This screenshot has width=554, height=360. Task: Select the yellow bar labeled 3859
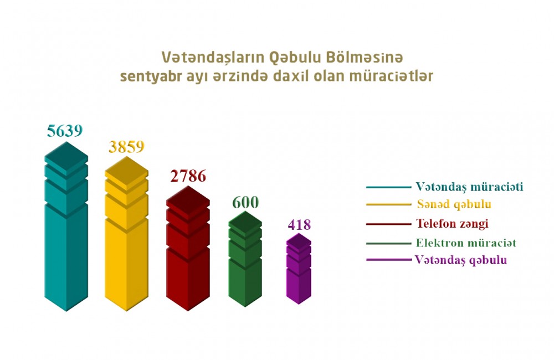126,244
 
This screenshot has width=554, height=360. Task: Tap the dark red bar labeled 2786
188,255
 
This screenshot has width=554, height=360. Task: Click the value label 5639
65,131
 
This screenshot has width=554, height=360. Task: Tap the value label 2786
188,176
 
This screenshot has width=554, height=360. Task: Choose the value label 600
245,202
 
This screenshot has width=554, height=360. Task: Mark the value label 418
299,225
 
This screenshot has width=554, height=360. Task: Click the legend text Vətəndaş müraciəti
469,187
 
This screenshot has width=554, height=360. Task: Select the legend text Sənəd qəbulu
454,204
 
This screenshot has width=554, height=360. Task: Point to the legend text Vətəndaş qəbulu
460,259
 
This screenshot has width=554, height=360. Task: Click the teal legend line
387,187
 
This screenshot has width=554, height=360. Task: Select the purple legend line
387,259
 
